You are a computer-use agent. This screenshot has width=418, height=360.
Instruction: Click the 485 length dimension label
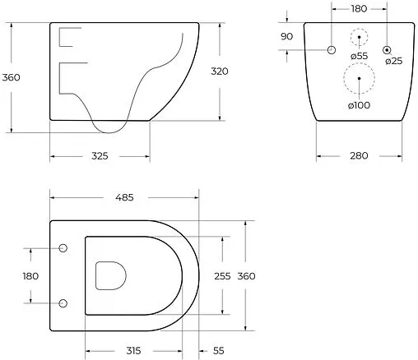pyautogui.click(x=124, y=197)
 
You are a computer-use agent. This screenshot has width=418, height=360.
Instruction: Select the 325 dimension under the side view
pyautogui.click(x=100, y=155)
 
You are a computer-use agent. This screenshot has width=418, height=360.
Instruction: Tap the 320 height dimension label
pyautogui.click(x=218, y=72)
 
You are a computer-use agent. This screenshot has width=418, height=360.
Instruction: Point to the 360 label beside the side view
pyautogui.click(x=12, y=77)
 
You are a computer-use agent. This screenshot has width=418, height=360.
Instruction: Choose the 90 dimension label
pyautogui.click(x=286, y=36)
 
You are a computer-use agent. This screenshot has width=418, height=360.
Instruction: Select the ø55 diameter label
pyautogui.click(x=358, y=56)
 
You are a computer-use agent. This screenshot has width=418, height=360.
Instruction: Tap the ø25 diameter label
pyautogui.click(x=393, y=62)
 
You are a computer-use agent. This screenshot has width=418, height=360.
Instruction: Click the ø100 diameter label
pyautogui.click(x=358, y=105)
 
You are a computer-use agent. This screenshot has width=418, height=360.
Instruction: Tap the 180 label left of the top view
pyautogui.click(x=30, y=276)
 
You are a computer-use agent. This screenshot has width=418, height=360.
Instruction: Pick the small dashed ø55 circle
pyautogui.click(x=358, y=37)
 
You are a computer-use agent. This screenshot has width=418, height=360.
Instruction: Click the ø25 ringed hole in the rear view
pyautogui.click(x=387, y=51)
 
